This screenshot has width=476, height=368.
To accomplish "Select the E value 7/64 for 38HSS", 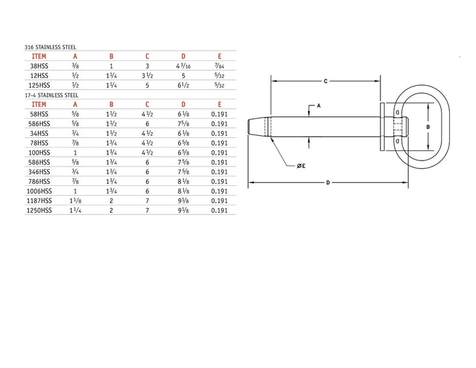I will pyautogui.click(x=220, y=66).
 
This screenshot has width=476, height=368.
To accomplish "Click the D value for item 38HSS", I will pyautogui.click(x=183, y=66).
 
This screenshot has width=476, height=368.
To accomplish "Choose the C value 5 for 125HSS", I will pyautogui.click(x=148, y=85).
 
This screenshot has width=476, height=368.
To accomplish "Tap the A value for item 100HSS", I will pyautogui.click(x=75, y=152).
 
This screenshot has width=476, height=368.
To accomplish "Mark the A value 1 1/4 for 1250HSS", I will pyautogui.click(x=75, y=211).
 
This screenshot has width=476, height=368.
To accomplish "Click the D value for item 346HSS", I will pyautogui.click(x=183, y=172).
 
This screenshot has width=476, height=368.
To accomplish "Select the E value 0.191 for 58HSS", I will pyautogui.click(x=220, y=113).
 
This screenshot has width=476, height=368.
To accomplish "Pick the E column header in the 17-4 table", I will pyautogui.click(x=220, y=103).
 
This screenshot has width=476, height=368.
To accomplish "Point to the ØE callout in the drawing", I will pyautogui.click(x=301, y=166).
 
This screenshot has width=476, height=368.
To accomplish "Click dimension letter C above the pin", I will pyautogui.click(x=324, y=81).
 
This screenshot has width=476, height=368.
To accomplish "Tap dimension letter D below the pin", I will pyautogui.click(x=328, y=183).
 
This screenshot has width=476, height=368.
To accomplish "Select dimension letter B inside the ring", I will pyautogui.click(x=428, y=127).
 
